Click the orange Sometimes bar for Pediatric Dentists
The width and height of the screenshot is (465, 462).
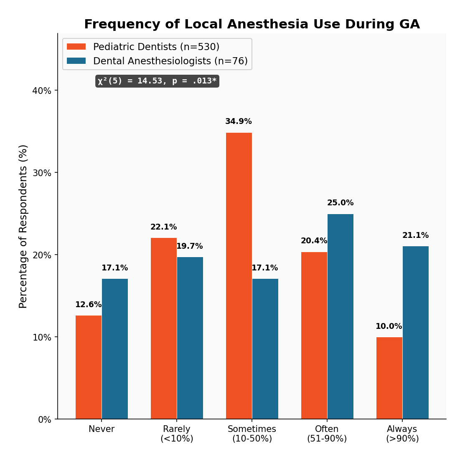pos(239,275)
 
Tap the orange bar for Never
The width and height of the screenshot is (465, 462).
pos(89,367)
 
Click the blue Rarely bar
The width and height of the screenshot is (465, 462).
pos(190,338)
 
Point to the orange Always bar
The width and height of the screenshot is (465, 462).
pos(389,378)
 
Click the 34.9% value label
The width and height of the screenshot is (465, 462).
pos(239,121)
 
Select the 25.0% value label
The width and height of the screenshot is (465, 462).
pos(340,203)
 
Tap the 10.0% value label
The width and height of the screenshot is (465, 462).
pos(389,326)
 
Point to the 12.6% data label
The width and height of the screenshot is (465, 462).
pos(88,305)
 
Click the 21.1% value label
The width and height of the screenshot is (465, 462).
pos(415,235)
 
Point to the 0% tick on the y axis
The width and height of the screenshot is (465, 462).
pos(45,419)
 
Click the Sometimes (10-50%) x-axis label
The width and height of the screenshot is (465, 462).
pos(252,434)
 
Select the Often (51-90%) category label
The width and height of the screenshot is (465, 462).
pos(327,434)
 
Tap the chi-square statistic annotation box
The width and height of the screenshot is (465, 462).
pos(157,81)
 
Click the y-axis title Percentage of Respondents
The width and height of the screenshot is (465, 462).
pos(23,226)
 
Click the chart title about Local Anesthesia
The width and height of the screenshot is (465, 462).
pos(252,25)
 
